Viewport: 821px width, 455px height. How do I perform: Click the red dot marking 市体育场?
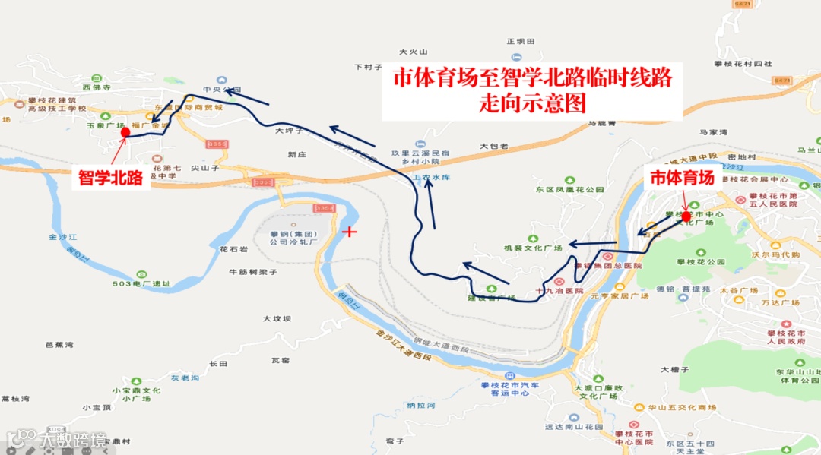coord(686,216)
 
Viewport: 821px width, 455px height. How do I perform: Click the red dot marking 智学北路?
coord(125,132)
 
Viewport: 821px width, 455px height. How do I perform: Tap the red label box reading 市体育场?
coord(680,179)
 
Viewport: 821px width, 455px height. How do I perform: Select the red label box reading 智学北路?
coord(111,179)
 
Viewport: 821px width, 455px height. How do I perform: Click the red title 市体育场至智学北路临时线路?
coord(532,77)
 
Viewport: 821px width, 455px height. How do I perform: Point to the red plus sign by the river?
coord(350,231)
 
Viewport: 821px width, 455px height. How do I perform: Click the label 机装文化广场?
coord(533,248)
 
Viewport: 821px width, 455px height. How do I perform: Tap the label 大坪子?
coord(289,131)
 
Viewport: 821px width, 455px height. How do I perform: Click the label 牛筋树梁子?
coord(252,271)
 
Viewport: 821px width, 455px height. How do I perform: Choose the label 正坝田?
coord(521,41)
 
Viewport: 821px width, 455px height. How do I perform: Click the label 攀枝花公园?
coord(695,261)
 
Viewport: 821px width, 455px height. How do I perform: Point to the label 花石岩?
coord(233,249)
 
